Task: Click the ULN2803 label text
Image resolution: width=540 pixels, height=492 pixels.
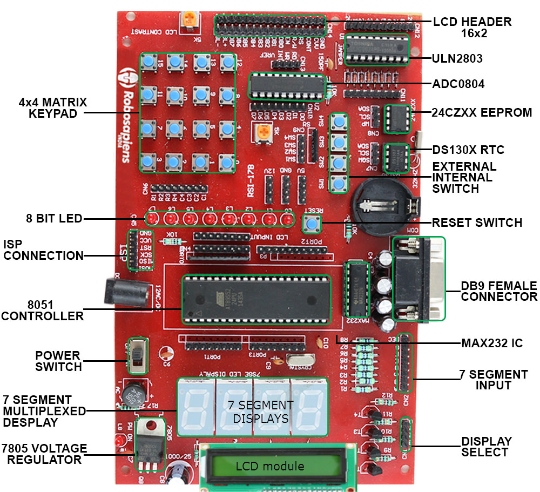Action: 457,58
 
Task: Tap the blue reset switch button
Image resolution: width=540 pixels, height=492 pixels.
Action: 311,223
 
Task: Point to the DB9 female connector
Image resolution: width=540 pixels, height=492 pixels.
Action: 418,279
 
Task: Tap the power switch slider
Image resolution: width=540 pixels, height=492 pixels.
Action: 138,355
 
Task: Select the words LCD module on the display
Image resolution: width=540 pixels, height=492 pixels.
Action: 270,466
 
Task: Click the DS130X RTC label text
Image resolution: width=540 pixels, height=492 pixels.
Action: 468,150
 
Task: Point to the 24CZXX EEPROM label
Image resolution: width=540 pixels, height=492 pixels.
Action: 482,113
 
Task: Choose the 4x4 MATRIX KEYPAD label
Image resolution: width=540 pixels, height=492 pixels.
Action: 52,107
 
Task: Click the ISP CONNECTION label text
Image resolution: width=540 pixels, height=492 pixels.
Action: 43,249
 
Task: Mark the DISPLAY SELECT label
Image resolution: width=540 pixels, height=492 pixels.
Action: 486,447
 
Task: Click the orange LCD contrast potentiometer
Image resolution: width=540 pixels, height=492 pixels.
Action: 190,20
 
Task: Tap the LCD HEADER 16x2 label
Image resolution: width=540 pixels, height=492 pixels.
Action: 472,28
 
